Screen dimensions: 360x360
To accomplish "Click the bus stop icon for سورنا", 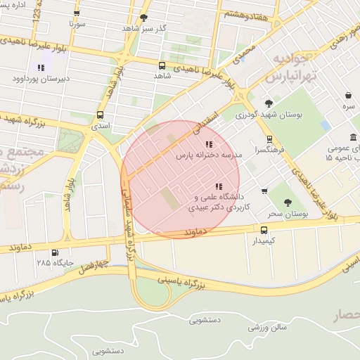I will (76, 13).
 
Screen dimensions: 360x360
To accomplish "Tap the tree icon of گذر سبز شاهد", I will (144, 17).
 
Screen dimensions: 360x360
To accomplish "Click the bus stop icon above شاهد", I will (162, 64).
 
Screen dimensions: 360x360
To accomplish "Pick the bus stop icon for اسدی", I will (99, 115).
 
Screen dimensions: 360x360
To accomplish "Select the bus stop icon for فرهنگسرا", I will (269, 139).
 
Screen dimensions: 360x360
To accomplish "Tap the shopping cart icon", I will (264, 191).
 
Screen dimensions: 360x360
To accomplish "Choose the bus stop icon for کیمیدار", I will (264, 229).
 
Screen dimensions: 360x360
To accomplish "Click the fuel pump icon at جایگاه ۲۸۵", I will (55, 252).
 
